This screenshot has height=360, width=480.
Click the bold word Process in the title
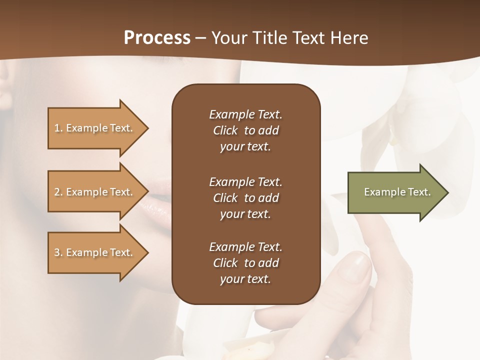[x=157, y=38]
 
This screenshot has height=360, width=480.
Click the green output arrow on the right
[x=395, y=192]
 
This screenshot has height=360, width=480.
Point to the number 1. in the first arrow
[x=58, y=128]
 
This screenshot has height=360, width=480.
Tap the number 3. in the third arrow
[x=58, y=253]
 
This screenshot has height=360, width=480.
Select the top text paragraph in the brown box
[x=245, y=130]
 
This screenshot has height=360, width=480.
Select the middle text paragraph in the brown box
[x=245, y=197]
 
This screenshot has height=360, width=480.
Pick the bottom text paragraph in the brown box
[x=245, y=263]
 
